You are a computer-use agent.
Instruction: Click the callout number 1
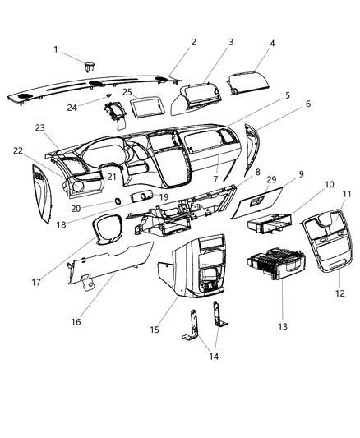pyautogui.click(x=57, y=50)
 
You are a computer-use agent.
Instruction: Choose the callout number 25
pyautogui.click(x=127, y=93)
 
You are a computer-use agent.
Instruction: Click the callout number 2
pyautogui.click(x=193, y=42)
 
